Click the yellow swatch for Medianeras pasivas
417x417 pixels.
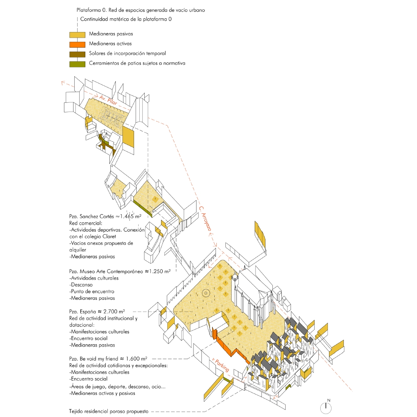pos(77,35)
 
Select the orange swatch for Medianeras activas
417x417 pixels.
pos(77,45)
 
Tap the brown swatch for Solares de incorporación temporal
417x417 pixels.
pos(77,54)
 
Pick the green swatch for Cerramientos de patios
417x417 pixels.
pos(77,64)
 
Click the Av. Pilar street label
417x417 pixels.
pos(108,100)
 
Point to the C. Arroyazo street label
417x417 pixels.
pos(205,218)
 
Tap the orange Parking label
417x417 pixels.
pos(222,366)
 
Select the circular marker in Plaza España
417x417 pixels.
pos(206,293)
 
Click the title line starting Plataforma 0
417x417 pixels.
pos(141,10)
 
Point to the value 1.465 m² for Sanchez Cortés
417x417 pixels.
pos(131,216)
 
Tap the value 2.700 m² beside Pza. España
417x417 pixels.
pos(114,312)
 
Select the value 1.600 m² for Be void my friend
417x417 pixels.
pos(137,358)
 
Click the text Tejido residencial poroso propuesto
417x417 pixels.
pos(109,411)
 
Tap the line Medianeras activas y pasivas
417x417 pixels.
pos(103,393)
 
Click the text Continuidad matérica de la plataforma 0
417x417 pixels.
pos(126,19)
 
